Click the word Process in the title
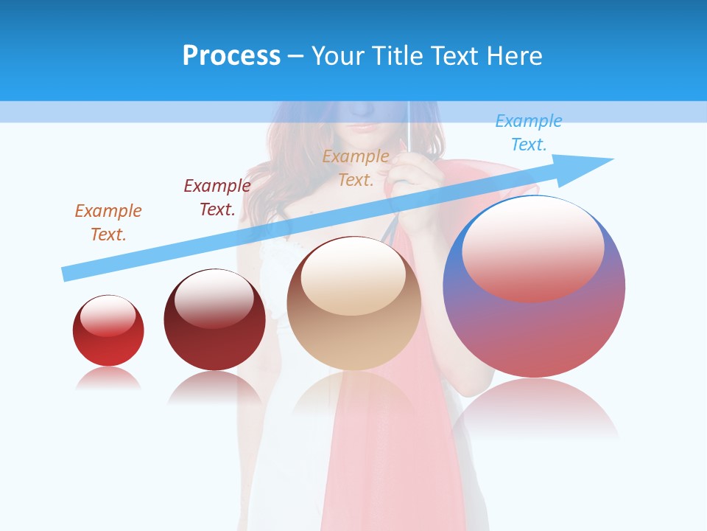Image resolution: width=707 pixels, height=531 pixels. click(231, 56)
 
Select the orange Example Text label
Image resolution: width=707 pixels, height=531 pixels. click(108, 222)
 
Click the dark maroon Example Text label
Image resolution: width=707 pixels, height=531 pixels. click(217, 197)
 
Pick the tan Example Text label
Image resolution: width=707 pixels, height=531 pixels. click(356, 167)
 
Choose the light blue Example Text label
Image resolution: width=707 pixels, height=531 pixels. click(529, 133)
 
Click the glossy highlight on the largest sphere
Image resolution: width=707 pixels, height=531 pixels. click(533, 248)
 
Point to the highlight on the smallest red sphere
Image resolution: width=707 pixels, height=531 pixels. click(108, 316)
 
